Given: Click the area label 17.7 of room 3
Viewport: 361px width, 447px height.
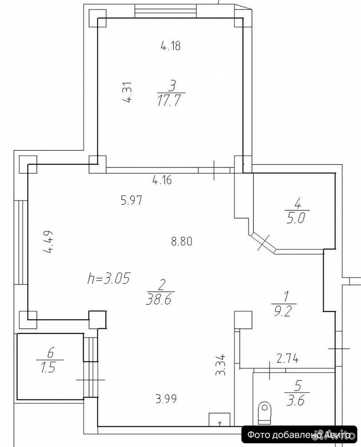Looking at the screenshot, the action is point(170,101).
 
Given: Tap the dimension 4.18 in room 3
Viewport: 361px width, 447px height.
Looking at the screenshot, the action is point(171,46).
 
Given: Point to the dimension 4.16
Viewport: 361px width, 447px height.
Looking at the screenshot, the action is point(162,180).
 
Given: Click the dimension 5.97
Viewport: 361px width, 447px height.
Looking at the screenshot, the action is point(132,200).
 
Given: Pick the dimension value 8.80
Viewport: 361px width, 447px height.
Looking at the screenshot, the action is point(181,242).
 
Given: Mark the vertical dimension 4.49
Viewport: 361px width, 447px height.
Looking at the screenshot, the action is point(49,242).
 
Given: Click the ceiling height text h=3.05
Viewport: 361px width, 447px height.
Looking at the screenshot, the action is point(109,278).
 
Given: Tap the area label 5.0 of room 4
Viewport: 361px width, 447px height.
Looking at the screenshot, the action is point(296,218).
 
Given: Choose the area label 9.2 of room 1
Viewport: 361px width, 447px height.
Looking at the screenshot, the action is point(283,312).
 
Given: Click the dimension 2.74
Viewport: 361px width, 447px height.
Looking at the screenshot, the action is point(288,358).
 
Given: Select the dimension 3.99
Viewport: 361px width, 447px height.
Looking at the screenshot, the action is point(166,399).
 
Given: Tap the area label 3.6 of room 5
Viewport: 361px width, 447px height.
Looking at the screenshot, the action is point(297,401).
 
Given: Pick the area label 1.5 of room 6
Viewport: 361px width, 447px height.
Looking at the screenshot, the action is point(48,368).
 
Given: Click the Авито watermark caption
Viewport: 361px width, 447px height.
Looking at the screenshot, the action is point(299,435).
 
